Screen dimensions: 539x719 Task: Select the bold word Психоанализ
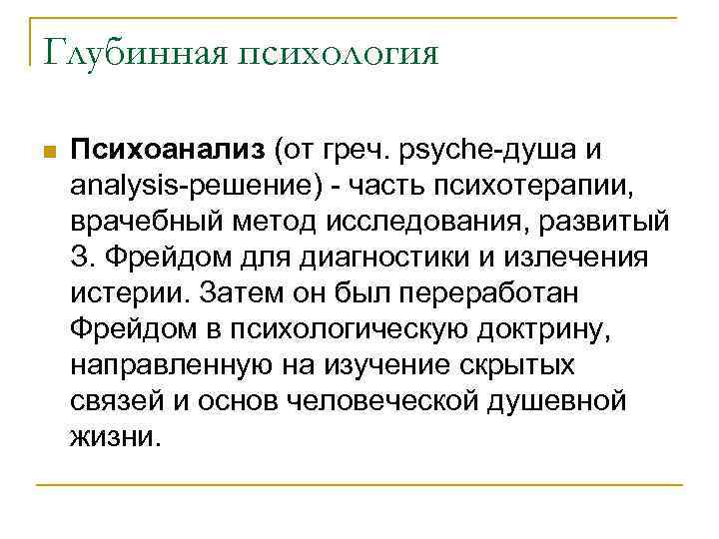[164, 150]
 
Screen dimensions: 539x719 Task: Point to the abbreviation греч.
[367, 151]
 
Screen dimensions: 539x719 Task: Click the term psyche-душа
[496, 151]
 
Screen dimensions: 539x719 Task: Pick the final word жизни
[115, 436]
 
